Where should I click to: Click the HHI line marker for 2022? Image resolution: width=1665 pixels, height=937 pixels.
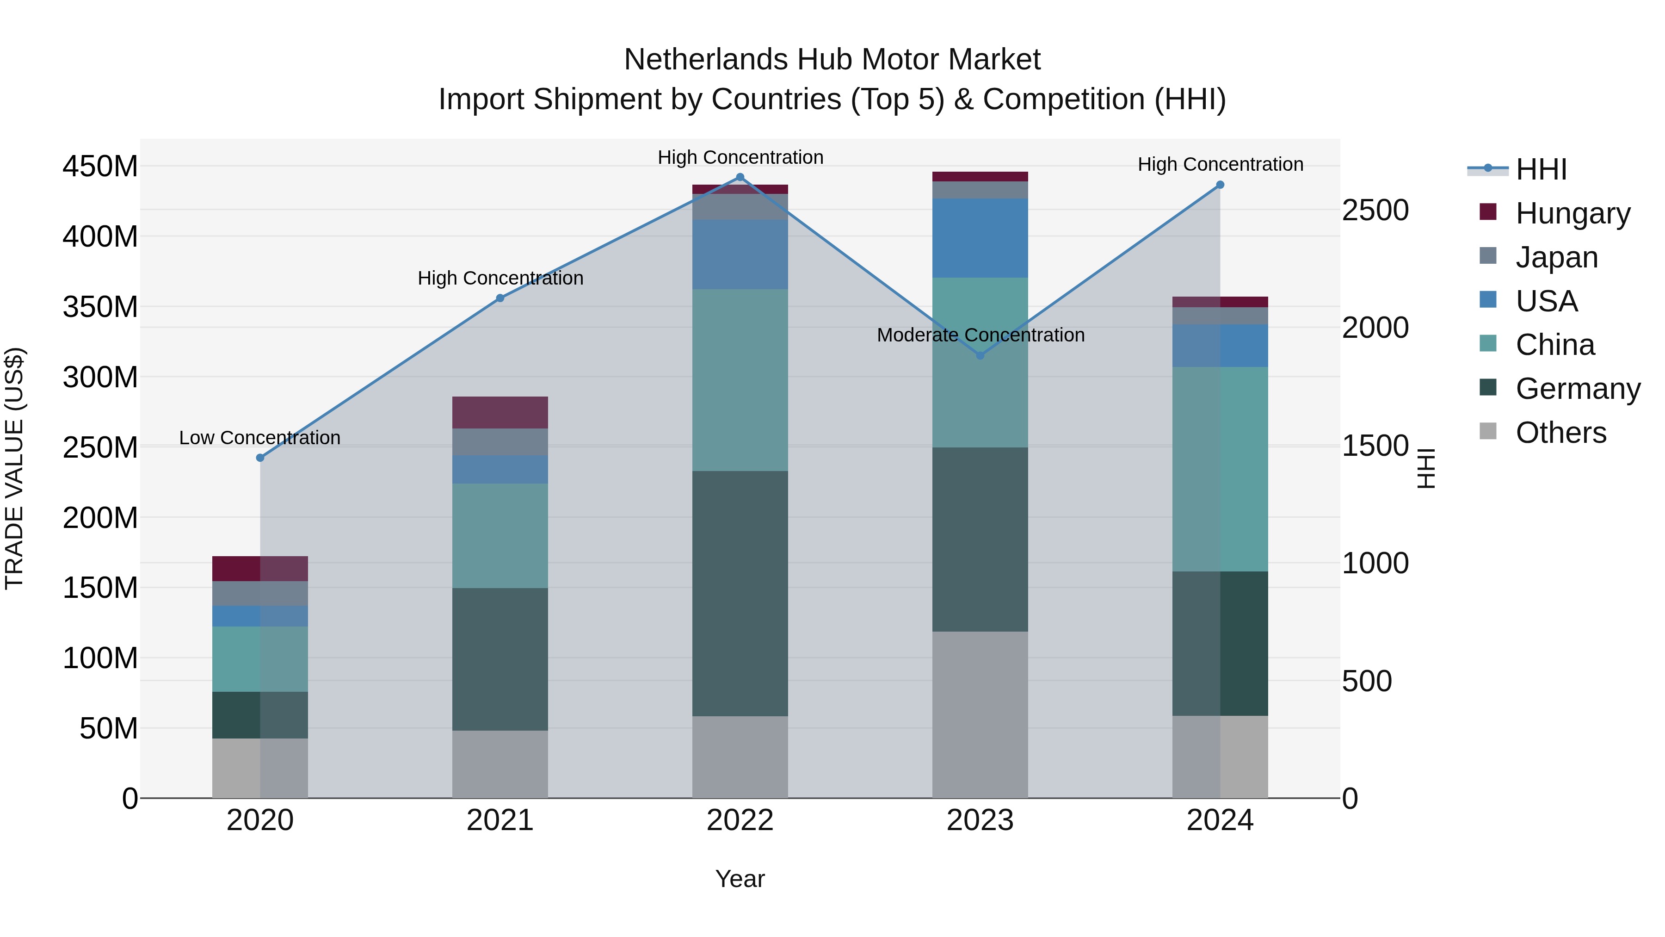(x=740, y=177)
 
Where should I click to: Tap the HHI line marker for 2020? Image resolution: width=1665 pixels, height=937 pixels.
(x=260, y=458)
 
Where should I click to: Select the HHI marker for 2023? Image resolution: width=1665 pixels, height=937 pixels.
(x=980, y=356)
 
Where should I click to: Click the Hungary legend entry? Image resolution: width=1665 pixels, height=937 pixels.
(x=1572, y=213)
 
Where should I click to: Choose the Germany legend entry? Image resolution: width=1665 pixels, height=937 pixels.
(x=1577, y=389)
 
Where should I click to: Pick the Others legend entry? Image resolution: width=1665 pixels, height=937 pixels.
(x=1560, y=433)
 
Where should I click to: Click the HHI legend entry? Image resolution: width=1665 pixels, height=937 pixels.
(x=1541, y=169)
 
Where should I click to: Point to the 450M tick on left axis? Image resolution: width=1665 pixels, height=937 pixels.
(x=100, y=167)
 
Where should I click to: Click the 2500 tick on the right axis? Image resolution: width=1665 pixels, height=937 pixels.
(x=1375, y=211)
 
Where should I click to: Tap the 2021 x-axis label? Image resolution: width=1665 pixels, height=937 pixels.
(x=499, y=820)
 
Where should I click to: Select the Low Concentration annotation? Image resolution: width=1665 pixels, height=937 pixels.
(x=260, y=438)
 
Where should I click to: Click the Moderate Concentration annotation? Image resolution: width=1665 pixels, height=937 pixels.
(x=980, y=335)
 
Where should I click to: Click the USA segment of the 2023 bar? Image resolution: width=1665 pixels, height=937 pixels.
(x=980, y=238)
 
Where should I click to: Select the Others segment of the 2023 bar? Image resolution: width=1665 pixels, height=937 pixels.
(x=980, y=714)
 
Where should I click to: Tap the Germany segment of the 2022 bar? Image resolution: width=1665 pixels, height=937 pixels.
(x=740, y=593)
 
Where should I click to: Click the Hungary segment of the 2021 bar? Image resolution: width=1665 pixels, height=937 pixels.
(x=499, y=413)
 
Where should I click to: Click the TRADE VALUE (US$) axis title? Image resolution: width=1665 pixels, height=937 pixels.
(x=14, y=468)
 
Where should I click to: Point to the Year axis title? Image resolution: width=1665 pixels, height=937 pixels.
(x=740, y=879)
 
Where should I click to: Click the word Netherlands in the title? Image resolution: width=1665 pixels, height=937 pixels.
(x=706, y=60)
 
